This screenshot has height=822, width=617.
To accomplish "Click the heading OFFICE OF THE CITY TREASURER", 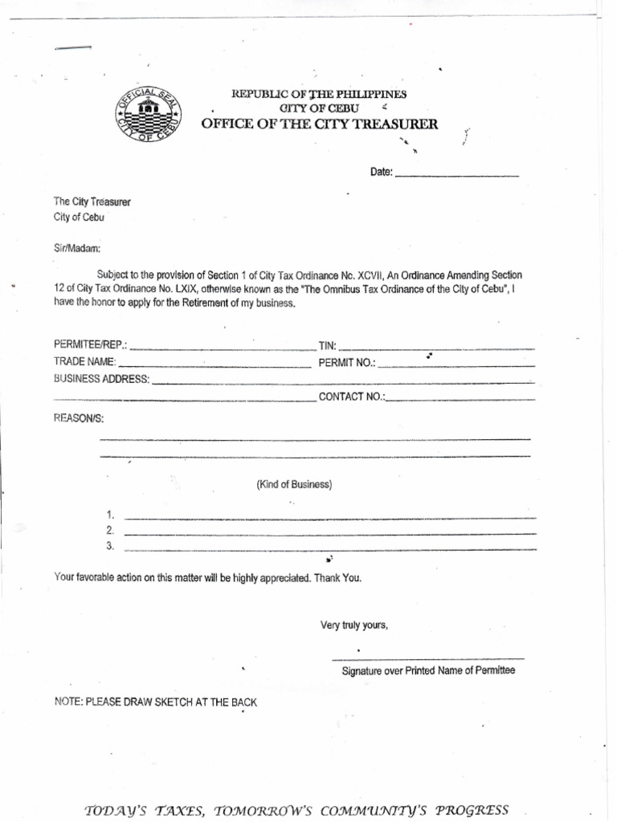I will [x=320, y=124].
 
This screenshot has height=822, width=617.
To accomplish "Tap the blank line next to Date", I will [x=457, y=173].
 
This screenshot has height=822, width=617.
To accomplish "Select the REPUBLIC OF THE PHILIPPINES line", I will [x=319, y=94].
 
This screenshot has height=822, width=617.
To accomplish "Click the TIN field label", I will [x=327, y=345].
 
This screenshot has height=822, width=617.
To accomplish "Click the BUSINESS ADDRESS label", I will [x=101, y=379].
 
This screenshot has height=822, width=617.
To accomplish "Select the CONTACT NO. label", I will [x=352, y=397].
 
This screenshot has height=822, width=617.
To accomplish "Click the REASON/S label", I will [x=79, y=419].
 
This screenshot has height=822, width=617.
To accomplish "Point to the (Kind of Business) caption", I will [x=294, y=485].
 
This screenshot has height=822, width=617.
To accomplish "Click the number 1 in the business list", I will [x=110, y=515].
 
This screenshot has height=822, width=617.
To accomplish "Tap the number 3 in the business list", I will [x=110, y=547].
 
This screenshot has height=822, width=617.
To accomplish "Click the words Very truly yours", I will [x=354, y=625].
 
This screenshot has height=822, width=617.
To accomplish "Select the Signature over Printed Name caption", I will [x=428, y=670].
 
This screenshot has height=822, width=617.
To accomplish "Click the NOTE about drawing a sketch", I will [x=156, y=702].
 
